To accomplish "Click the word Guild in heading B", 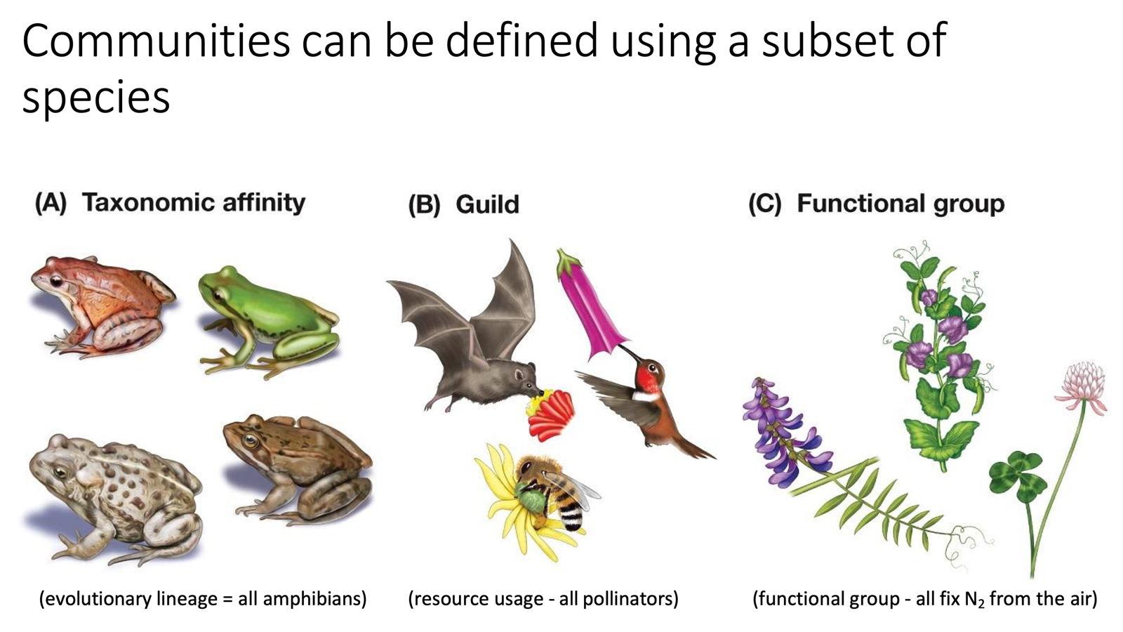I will pyautogui.click(x=487, y=204).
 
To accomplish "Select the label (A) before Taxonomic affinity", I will pyautogui.click(x=51, y=203).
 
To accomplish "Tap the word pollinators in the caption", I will pyautogui.click(x=627, y=599).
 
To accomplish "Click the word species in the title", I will pyautogui.click(x=96, y=96).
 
